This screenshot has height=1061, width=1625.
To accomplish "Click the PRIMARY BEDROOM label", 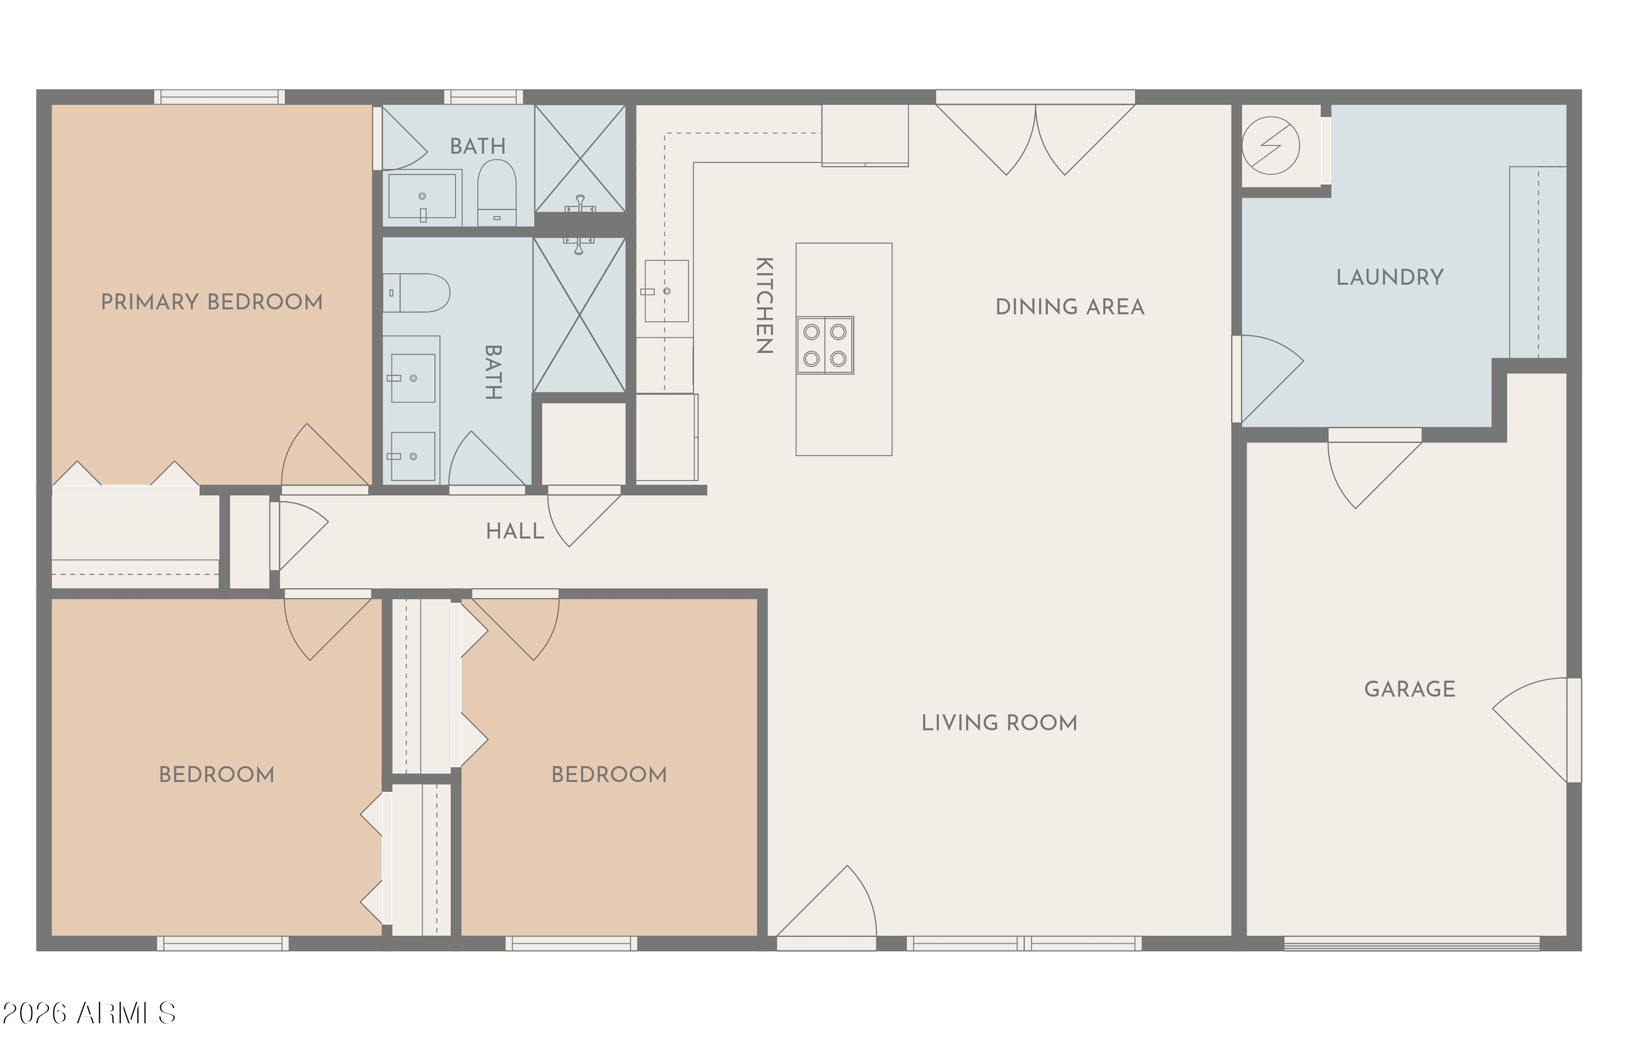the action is click(x=212, y=302).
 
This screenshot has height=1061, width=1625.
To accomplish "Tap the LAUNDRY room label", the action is click(x=1390, y=277).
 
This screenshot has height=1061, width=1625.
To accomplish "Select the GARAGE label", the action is click(x=1410, y=689).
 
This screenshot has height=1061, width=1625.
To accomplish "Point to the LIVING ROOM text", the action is click(x=999, y=723).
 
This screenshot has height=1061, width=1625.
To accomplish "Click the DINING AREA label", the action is click(x=1070, y=307).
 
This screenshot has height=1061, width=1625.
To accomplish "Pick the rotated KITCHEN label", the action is click(x=765, y=305).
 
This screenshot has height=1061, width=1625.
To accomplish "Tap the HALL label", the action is click(x=516, y=531).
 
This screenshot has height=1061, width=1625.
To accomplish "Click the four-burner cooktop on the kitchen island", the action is click(x=825, y=345).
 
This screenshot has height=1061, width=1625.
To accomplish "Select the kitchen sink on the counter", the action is click(x=667, y=290).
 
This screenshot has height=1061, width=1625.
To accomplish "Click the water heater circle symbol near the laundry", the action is click(x=1271, y=145).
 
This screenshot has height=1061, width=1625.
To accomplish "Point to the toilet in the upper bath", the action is click(x=496, y=192).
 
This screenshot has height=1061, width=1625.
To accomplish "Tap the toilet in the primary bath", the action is click(x=416, y=293).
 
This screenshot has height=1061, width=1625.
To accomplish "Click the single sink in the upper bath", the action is click(x=422, y=197).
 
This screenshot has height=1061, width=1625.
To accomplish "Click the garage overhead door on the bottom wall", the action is click(x=1412, y=943).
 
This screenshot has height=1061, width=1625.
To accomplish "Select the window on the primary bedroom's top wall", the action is click(x=219, y=97).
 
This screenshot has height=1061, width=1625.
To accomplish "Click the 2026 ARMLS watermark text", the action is click(x=89, y=1014).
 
